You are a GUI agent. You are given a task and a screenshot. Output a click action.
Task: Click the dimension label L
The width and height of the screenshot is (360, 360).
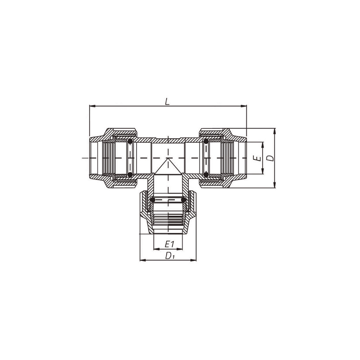(168, 101)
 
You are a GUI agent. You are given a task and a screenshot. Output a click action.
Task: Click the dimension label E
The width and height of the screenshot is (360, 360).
(258, 158)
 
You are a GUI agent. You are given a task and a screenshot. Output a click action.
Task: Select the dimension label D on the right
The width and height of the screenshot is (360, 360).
(271, 158)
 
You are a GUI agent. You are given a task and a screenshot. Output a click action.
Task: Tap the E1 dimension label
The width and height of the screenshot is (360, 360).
(170, 244)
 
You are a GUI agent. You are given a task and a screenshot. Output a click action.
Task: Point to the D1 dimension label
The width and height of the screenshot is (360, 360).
(170, 255)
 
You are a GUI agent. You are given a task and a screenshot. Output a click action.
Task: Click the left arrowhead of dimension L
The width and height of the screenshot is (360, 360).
(92, 106)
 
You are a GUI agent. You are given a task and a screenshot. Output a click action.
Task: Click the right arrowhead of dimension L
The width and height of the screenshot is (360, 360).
(243, 106)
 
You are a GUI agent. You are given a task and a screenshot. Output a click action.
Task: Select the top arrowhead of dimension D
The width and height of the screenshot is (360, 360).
(274, 131)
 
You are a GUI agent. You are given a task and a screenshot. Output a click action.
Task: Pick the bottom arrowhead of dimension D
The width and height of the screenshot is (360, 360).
(274, 185)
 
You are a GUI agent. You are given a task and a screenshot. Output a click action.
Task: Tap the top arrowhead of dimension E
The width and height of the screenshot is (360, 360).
(263, 145)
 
